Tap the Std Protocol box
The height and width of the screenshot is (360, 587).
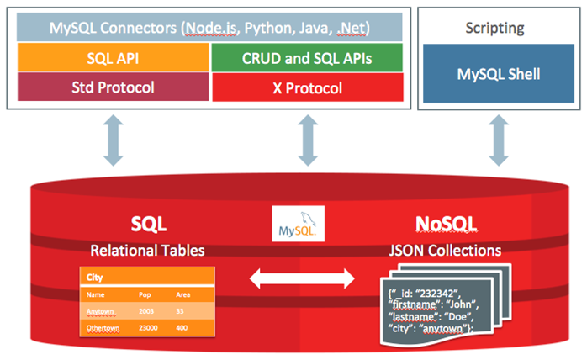click(113, 87)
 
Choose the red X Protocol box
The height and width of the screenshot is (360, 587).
click(304, 87)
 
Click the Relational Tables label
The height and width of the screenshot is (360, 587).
click(148, 251)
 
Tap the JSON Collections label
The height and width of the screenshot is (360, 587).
click(446, 251)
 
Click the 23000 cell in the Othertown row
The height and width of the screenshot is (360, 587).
click(150, 326)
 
